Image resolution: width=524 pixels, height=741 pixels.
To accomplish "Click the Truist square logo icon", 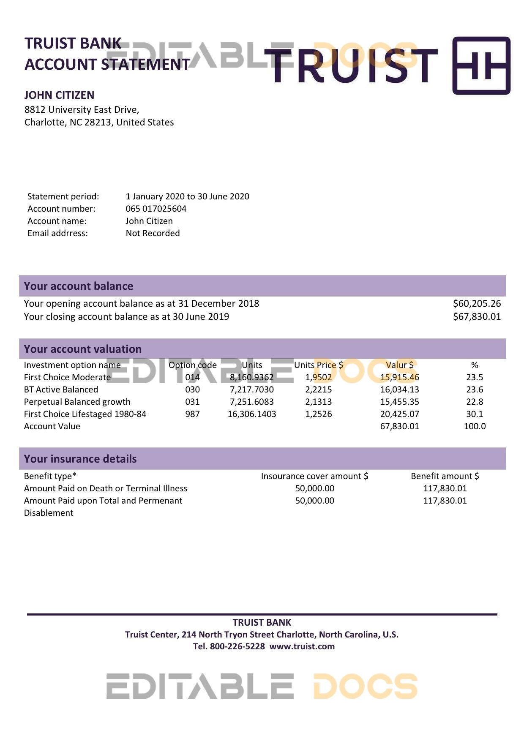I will pos(481,65).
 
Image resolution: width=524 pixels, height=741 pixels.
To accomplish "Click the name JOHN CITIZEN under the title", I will pos(59,95).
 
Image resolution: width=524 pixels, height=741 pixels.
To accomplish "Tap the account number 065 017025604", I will pos(156,209).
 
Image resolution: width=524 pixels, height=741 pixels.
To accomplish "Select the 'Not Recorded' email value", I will pos(153,233).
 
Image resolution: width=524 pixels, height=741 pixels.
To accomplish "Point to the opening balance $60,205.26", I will pos(477,303).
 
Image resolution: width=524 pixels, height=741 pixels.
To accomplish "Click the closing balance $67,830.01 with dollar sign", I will pos(477,316).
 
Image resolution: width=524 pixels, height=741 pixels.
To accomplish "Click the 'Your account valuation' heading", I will pos(83,349).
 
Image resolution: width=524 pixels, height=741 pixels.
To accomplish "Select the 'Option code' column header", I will pos(192,365).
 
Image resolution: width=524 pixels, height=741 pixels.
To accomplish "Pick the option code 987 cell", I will pos(192,414).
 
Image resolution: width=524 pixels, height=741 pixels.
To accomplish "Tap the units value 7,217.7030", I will pos(251,390).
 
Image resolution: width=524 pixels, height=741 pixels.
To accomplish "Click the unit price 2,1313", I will pos(318,402).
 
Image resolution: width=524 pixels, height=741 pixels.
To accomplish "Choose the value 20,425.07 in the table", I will pos(399,414).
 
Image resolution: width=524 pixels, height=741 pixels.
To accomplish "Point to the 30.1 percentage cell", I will pos(475,414).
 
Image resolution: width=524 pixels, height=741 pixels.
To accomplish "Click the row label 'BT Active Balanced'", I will pos(61,390).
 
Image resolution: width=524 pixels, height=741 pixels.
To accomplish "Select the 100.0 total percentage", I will pos(475,426).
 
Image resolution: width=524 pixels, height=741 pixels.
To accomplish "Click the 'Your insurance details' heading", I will pos(80,459).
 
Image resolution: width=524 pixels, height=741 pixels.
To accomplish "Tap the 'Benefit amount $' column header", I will pos(445,476).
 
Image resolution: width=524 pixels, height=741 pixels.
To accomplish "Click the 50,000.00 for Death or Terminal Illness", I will pos(314,488).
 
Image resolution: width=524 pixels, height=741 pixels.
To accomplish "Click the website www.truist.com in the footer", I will pos(302,646).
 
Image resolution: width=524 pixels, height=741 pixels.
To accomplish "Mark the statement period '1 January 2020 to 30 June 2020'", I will pos(187,196).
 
